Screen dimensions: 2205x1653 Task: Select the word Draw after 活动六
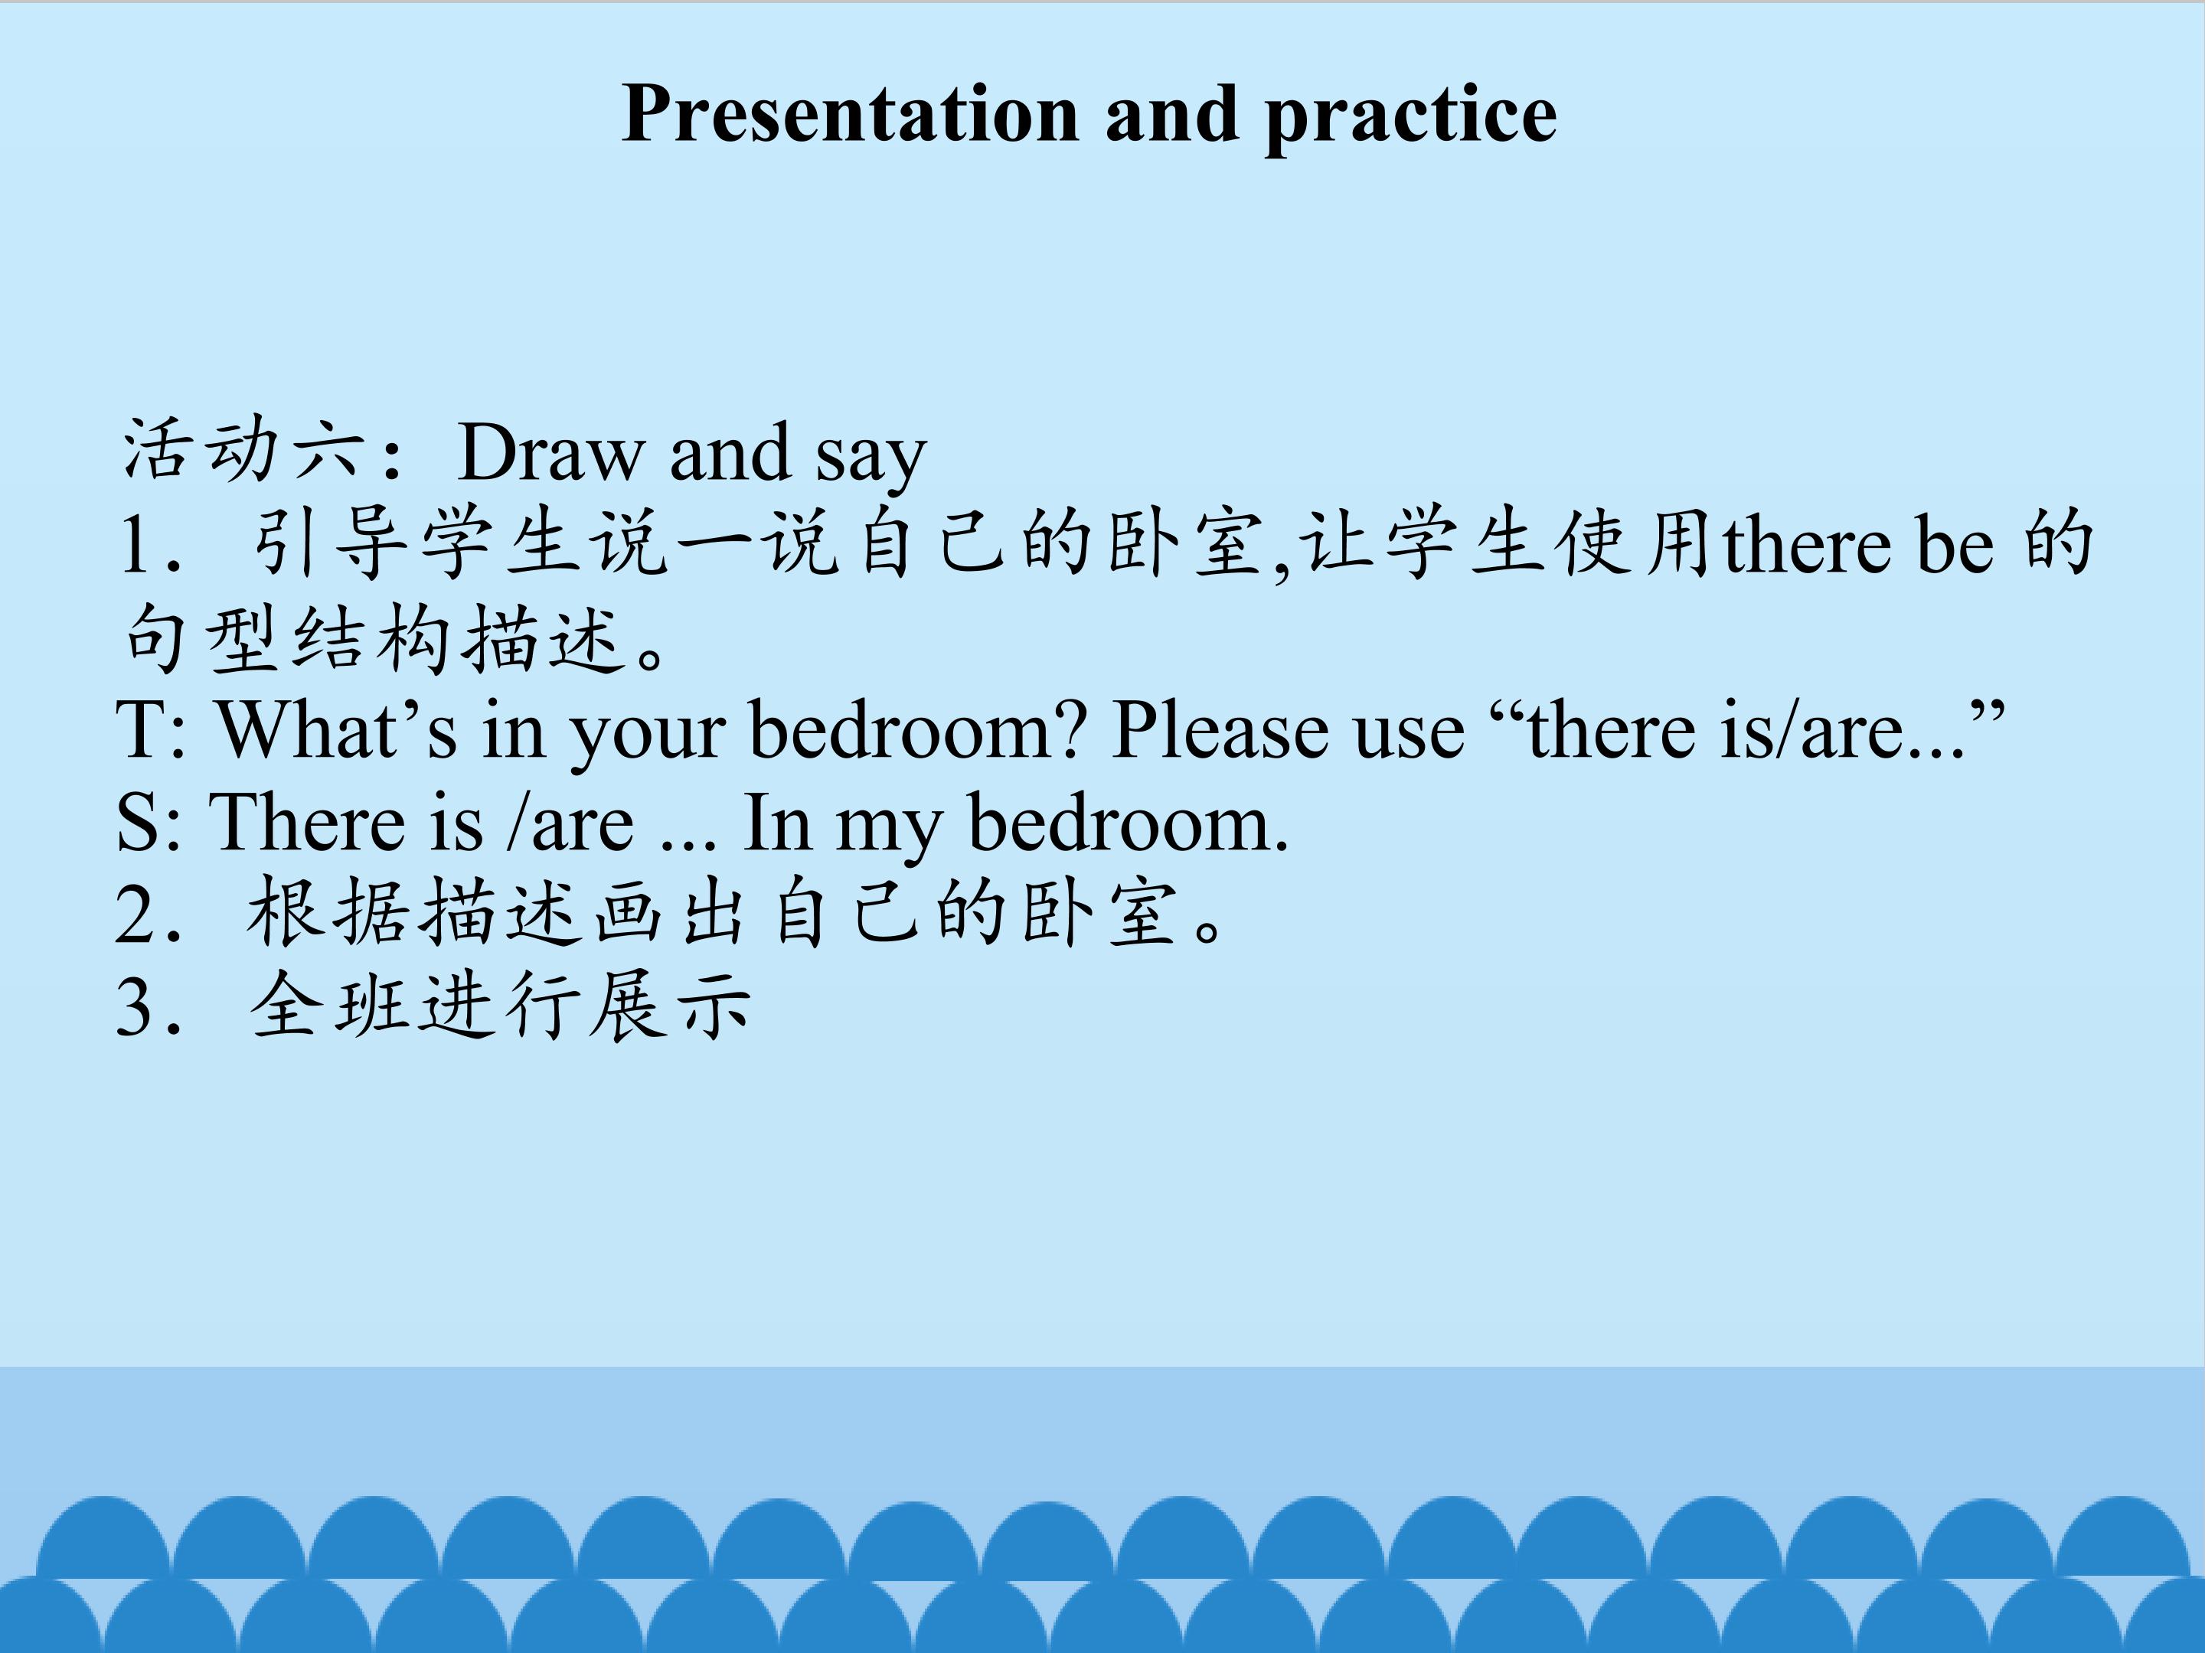click(x=551, y=452)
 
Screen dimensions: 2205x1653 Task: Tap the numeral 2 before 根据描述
click(x=136, y=914)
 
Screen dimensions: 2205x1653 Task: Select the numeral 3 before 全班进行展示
click(x=136, y=1006)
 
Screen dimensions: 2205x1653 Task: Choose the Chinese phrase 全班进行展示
click(x=501, y=1006)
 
